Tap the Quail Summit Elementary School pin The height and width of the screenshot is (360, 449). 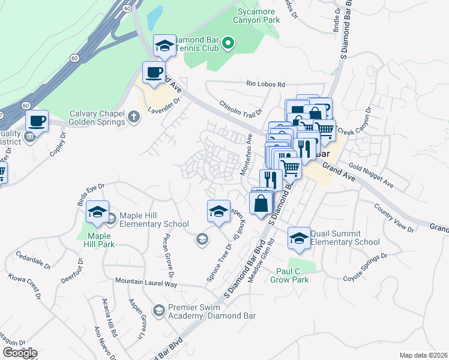(299, 238)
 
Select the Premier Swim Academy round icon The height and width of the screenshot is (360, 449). (158, 310)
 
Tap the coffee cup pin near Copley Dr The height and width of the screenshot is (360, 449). (38, 121)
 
